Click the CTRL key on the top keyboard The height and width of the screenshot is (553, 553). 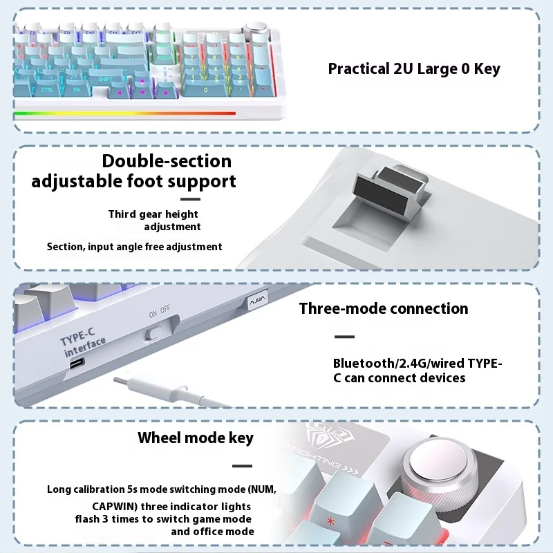tap(47, 90)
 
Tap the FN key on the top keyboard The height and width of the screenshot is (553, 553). tap(77, 90)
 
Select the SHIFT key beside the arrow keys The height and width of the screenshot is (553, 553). tap(104, 80)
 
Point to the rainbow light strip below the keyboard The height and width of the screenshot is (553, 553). tap(124, 113)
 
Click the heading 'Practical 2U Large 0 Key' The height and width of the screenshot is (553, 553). tap(413, 68)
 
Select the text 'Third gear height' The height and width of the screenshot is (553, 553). tap(153, 214)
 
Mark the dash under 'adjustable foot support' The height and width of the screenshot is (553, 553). tap(190, 200)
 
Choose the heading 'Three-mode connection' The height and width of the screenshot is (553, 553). tap(383, 308)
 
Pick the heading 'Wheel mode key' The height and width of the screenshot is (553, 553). tap(195, 438)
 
